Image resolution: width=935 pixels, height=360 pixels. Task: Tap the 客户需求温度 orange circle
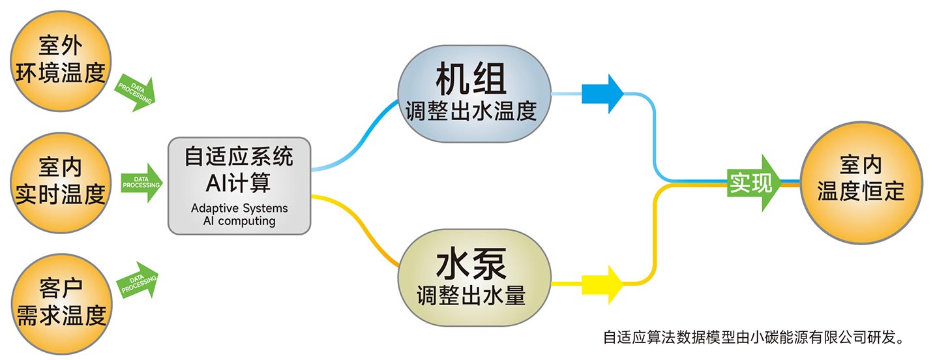coord(59,304)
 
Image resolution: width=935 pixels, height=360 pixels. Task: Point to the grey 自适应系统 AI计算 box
coord(239,185)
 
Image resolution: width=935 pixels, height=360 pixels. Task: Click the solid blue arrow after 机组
coord(602,94)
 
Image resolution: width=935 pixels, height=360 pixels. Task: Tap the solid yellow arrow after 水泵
coord(602,284)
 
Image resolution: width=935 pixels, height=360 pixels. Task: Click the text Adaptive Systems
coord(239,209)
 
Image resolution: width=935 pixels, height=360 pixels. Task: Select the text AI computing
coord(239,221)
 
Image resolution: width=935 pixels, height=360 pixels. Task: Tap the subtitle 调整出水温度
coord(471,112)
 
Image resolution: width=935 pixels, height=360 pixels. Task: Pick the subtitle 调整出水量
coord(471,296)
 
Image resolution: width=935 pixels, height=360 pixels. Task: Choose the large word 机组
coord(471,80)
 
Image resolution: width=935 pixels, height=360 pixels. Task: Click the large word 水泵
coord(471,265)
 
